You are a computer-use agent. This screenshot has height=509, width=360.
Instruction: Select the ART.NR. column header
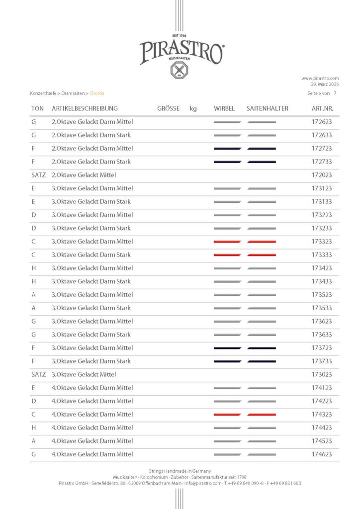pos(322,108)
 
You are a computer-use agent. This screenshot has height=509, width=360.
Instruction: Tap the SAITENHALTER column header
pos(267,108)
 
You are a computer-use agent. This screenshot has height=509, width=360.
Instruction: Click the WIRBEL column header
pos(224,108)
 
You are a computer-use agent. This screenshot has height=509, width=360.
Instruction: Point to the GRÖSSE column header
pos(168,108)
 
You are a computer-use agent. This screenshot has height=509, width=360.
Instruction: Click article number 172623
pos(322,122)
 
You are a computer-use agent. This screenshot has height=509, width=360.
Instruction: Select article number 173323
pos(322,242)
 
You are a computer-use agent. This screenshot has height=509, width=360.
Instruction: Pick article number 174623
pos(322,454)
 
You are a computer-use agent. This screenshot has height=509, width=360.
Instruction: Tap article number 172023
pos(322,175)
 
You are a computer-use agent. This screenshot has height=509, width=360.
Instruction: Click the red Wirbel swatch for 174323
pos(227,415)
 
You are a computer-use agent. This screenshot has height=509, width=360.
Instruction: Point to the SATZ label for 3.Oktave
pos(38,374)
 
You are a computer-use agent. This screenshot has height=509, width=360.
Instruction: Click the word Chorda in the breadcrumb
pos(97,93)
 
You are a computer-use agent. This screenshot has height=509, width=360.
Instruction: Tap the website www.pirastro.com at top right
pos(320,78)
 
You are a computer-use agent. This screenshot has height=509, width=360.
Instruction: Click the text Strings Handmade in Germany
pos(180,471)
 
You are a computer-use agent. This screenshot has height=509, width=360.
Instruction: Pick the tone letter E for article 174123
pos(33,388)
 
